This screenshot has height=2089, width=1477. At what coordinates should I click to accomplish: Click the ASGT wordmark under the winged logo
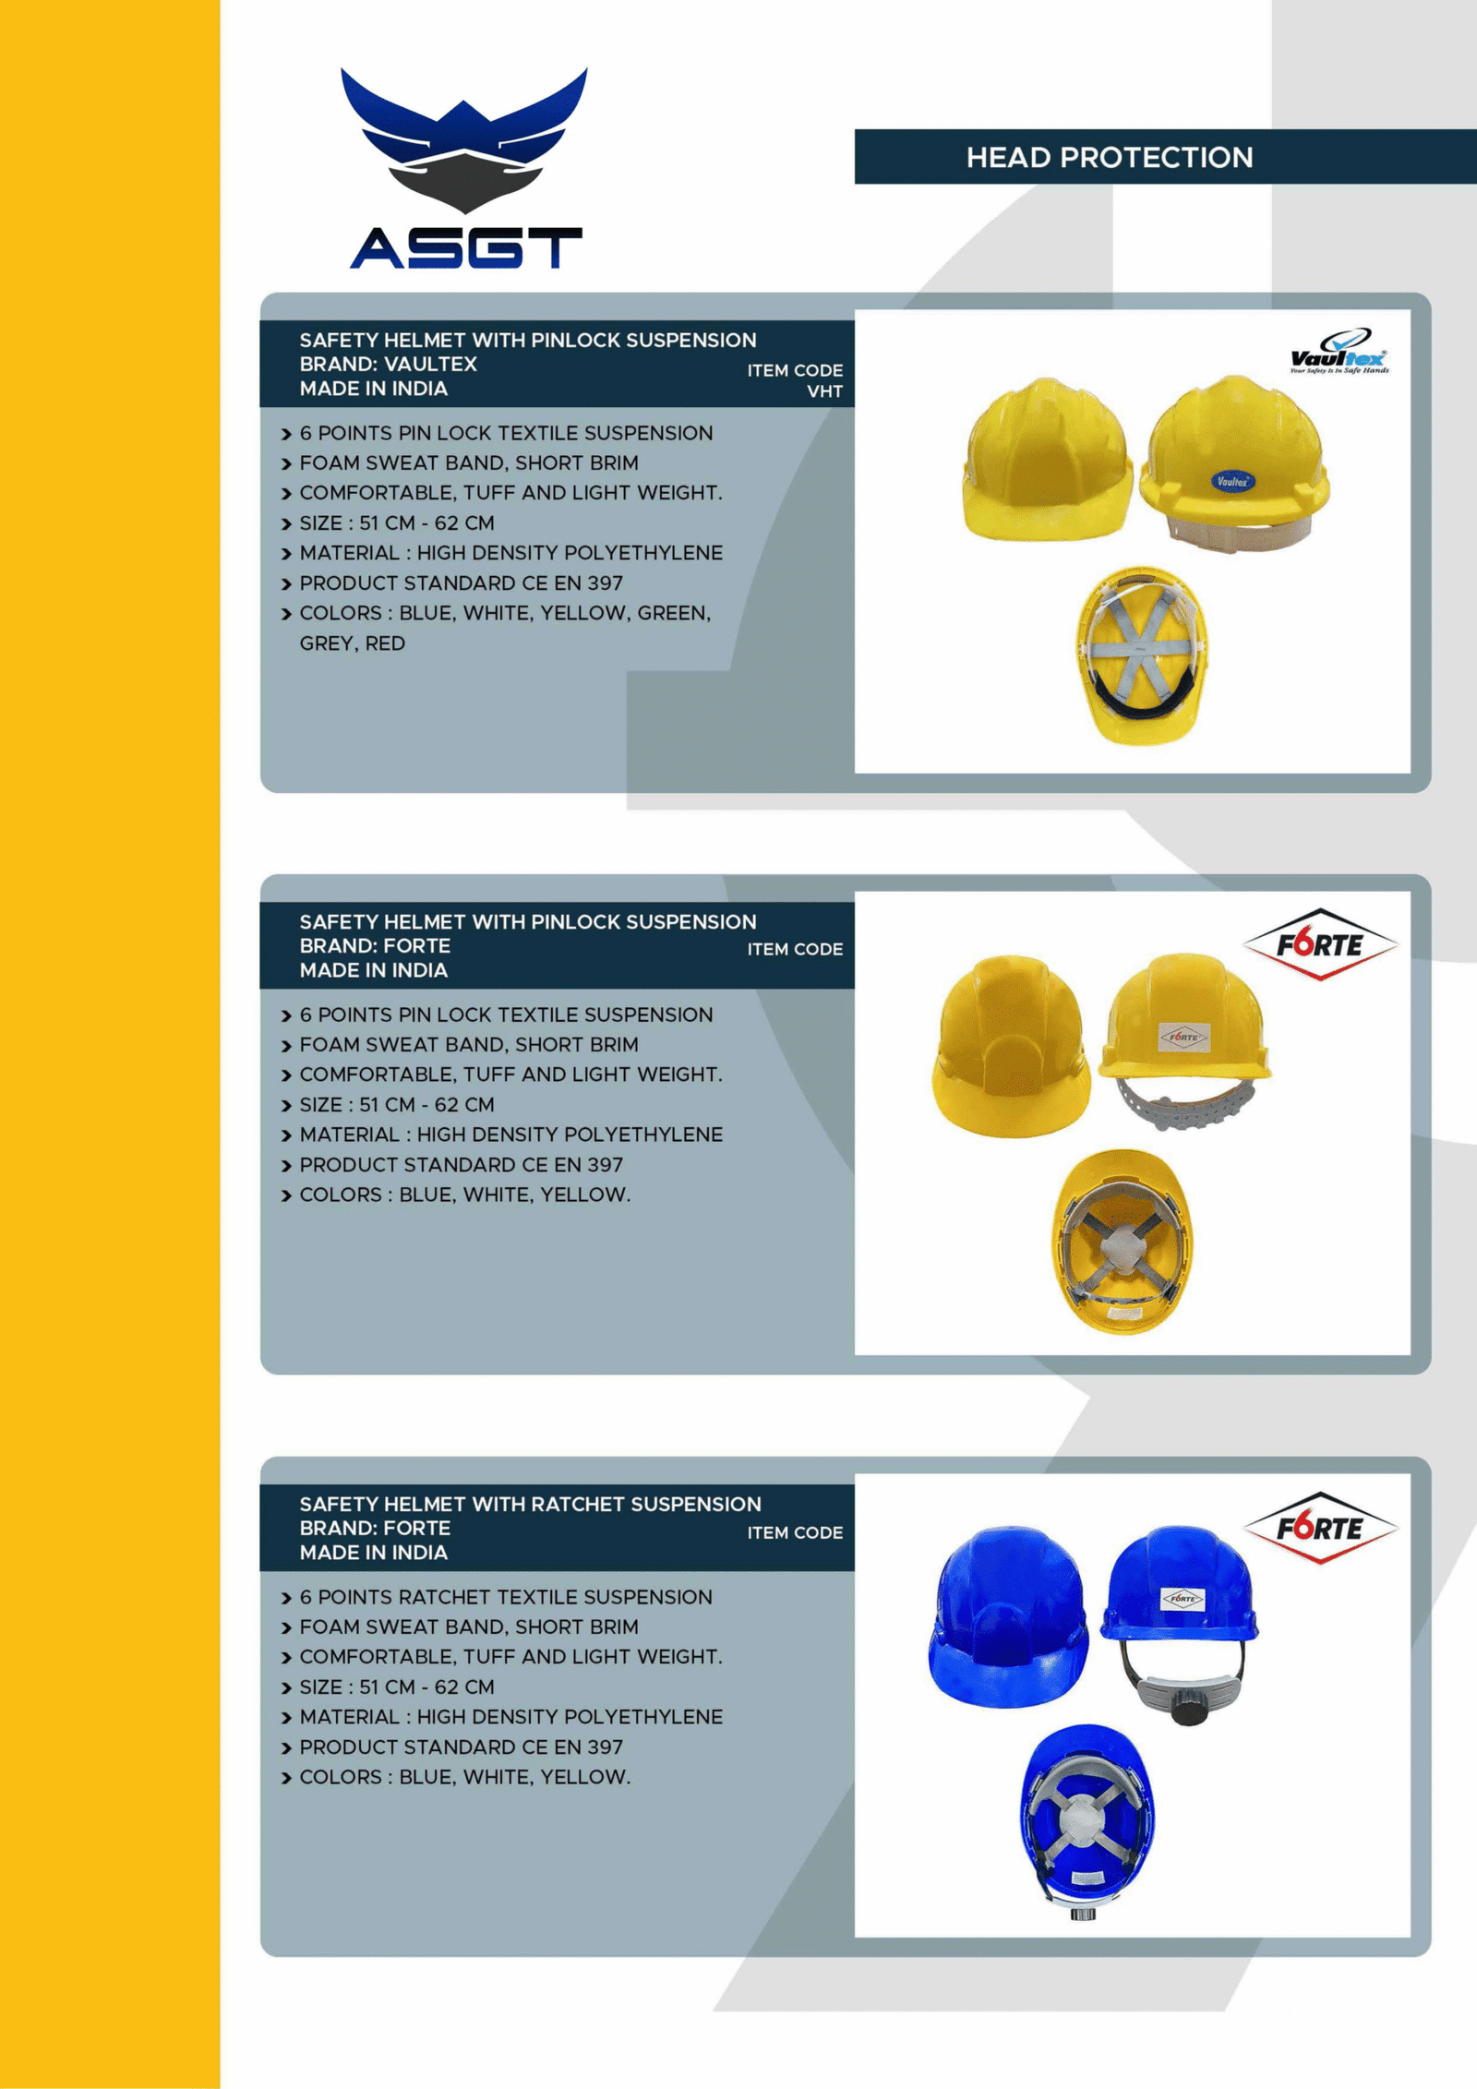[x=466, y=247]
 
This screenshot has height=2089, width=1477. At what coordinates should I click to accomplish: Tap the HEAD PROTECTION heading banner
[x=1109, y=157]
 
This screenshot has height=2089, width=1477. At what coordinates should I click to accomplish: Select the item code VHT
[x=824, y=391]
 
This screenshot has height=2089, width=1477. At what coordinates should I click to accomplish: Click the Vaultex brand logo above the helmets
[x=1339, y=352]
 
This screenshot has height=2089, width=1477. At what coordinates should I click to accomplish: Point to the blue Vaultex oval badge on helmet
[x=1231, y=481]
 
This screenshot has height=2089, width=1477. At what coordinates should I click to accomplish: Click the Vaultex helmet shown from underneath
[x=1141, y=655]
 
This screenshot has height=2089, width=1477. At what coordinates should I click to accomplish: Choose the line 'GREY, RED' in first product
[x=352, y=643]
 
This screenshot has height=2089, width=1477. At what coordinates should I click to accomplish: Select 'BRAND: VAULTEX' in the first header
[x=388, y=364]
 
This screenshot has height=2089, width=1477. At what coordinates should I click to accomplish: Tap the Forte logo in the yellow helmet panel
[x=1320, y=944]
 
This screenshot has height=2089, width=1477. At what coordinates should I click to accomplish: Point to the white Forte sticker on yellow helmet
[x=1183, y=1037]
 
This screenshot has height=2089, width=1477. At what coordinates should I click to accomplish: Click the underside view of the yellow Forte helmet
[x=1122, y=1241]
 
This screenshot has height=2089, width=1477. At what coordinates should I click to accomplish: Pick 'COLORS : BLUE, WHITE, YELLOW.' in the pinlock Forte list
[x=464, y=1195]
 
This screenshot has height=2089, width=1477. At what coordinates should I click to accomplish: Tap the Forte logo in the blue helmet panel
[x=1320, y=1529]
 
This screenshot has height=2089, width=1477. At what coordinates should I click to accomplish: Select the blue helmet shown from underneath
[x=1087, y=1820]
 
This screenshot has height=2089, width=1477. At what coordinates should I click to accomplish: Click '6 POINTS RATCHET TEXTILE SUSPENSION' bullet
[x=505, y=1597]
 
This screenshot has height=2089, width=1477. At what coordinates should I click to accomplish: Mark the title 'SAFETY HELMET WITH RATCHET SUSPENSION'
[x=530, y=1504]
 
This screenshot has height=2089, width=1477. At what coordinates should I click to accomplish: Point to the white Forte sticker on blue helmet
[x=1182, y=1598]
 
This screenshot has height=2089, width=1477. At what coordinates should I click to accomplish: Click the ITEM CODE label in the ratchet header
[x=795, y=1532]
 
